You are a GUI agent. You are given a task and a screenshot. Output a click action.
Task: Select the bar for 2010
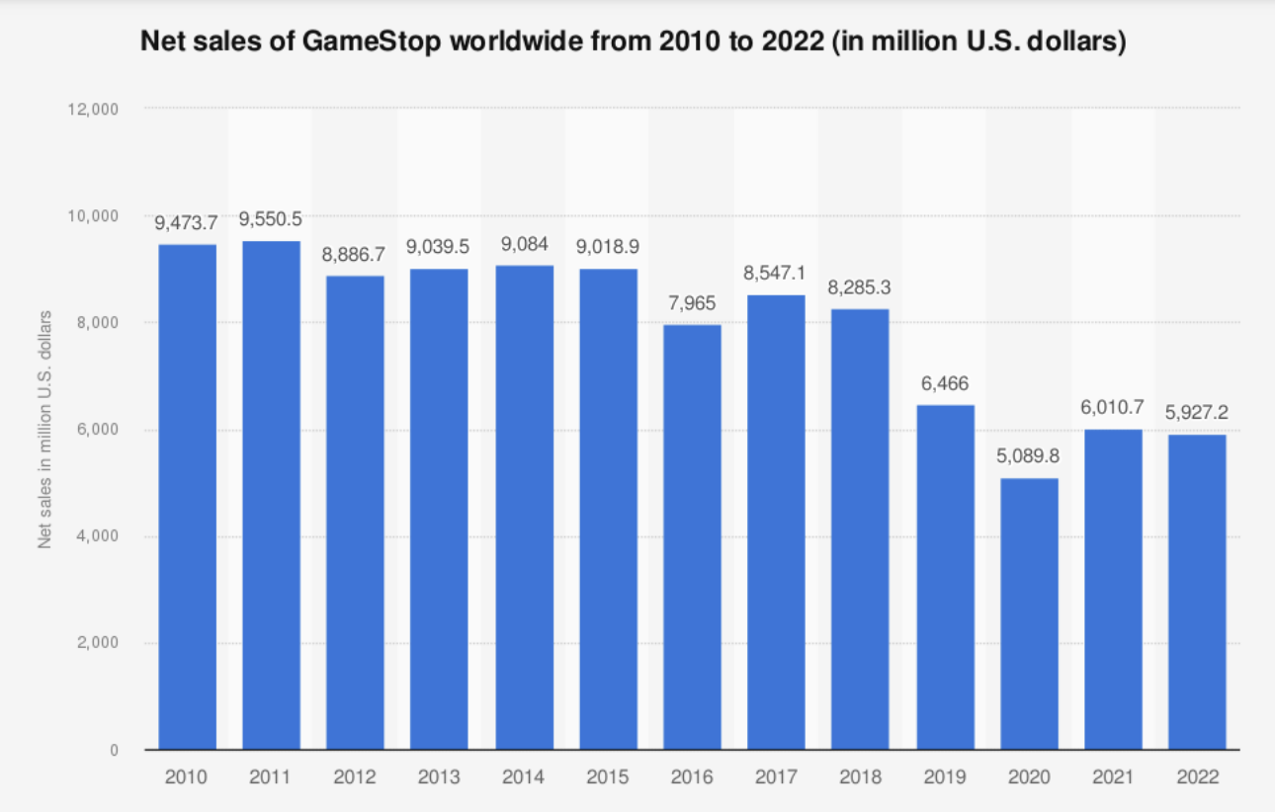(x=187, y=497)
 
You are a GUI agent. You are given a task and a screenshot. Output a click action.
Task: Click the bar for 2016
(x=692, y=537)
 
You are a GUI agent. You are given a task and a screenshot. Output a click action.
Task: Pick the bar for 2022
(x=1197, y=592)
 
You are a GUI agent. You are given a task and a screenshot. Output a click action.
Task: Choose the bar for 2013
(x=439, y=509)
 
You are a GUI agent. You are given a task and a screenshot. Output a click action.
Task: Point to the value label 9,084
(x=524, y=242)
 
